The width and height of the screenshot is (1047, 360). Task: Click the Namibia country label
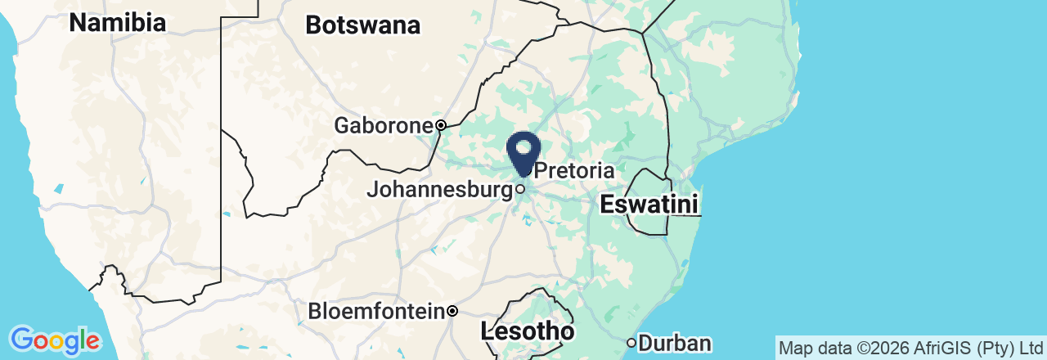pos(117,23)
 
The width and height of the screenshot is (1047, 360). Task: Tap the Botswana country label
pos(362,25)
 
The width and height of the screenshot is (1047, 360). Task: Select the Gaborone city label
pos(383,126)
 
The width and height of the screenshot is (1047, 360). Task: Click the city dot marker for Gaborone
pos(440,126)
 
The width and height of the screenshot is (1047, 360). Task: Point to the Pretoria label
pos(573,171)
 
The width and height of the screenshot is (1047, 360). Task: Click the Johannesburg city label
pos(439,190)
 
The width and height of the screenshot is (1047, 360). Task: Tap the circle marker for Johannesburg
pos(519,190)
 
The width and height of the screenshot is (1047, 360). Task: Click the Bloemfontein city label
pos(376,312)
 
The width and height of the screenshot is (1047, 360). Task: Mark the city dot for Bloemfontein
pos(452,312)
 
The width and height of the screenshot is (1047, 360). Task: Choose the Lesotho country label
pos(527,331)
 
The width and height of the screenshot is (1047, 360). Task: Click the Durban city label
pos(675,344)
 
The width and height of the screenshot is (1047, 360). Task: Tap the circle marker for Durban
pos(631,343)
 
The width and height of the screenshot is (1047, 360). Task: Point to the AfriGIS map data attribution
pos(910,348)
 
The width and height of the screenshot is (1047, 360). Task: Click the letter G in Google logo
pos(22,339)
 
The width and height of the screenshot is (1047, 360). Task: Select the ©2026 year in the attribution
pos(872,348)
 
